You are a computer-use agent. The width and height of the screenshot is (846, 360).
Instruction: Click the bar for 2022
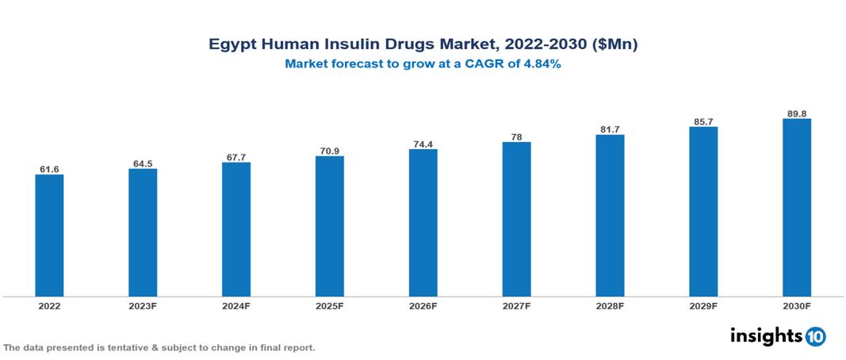tap(49, 236)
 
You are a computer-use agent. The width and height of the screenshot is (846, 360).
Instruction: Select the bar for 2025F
tap(329, 226)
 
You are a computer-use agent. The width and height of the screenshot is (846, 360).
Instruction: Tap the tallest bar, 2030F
tap(796, 208)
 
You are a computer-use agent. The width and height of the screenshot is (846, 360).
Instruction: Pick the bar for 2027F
tap(516, 220)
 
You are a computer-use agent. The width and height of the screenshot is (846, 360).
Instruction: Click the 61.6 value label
tap(49, 169)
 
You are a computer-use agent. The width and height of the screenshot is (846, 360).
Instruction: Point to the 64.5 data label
tap(143, 163)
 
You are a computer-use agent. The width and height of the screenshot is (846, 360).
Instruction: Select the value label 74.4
tap(423, 144)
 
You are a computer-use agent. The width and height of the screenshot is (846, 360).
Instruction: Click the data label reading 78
tap(516, 136)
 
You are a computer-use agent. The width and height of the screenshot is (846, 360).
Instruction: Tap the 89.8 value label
tap(796, 113)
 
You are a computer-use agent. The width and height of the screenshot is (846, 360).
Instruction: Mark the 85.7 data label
tap(703, 121)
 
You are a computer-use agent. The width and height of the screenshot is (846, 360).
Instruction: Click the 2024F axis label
tap(236, 305)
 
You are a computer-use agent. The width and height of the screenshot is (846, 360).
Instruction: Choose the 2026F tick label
tap(423, 305)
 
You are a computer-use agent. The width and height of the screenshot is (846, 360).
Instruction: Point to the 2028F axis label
tap(610, 305)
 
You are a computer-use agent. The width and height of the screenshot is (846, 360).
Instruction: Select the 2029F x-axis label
tap(703, 305)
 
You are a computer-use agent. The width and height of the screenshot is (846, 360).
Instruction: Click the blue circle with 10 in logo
tap(815, 336)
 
